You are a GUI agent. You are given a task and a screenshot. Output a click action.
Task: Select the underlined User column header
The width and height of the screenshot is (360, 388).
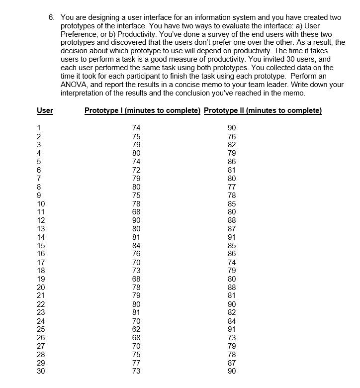(45, 110)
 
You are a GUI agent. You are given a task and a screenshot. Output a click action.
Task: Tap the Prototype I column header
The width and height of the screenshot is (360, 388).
(142, 110)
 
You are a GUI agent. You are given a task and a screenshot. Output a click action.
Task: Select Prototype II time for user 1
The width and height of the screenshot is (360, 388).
(232, 128)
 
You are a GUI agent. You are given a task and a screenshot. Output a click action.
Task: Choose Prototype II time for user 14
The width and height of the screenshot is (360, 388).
(232, 236)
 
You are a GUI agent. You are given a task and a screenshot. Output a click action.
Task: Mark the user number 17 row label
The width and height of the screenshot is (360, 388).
(41, 262)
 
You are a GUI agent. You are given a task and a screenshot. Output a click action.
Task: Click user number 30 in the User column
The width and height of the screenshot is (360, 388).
(41, 371)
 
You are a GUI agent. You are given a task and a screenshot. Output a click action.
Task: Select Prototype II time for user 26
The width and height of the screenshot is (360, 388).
(232, 337)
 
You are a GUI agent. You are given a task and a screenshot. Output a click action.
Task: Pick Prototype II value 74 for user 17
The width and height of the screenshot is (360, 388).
(232, 262)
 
